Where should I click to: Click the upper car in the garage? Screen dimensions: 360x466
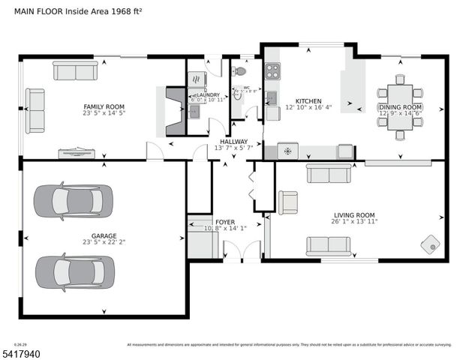click(74, 201)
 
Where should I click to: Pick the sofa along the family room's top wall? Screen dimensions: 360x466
click(74, 70)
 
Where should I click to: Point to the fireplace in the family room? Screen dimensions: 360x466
click(173, 111)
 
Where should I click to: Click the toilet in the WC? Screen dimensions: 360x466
click(239, 71)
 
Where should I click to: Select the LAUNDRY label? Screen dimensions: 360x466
click(208, 95)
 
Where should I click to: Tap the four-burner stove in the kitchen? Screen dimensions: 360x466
click(272, 71)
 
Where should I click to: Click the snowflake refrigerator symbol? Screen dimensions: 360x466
click(287, 151)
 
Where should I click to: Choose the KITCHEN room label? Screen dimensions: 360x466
click(308, 101)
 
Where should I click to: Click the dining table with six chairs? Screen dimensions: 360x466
click(399, 107)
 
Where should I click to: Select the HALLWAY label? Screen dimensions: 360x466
click(233, 141)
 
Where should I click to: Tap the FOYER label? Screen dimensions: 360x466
click(225, 222)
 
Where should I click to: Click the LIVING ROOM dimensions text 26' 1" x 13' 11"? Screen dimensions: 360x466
click(354, 222)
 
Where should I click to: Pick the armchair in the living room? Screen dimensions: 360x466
click(287, 202)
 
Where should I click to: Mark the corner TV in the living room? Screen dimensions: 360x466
click(432, 244)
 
